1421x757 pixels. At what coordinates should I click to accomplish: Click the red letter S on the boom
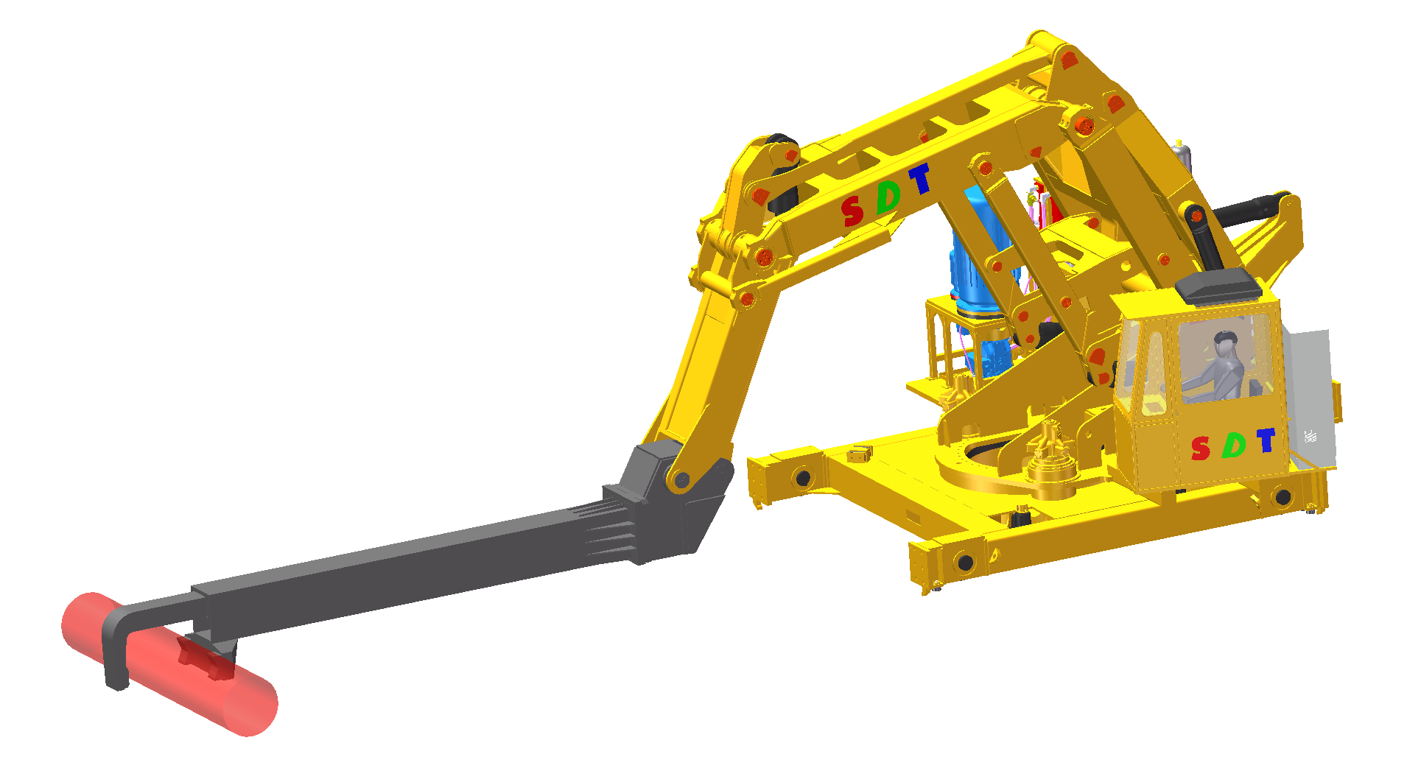[x=852, y=211]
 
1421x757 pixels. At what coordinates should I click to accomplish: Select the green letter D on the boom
[x=888, y=197]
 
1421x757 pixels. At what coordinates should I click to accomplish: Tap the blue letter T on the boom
[x=919, y=179]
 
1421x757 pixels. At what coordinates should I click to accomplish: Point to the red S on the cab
[x=1201, y=448]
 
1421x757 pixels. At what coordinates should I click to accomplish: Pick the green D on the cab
[x=1234, y=444]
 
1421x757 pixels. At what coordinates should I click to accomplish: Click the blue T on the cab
[x=1266, y=440]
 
